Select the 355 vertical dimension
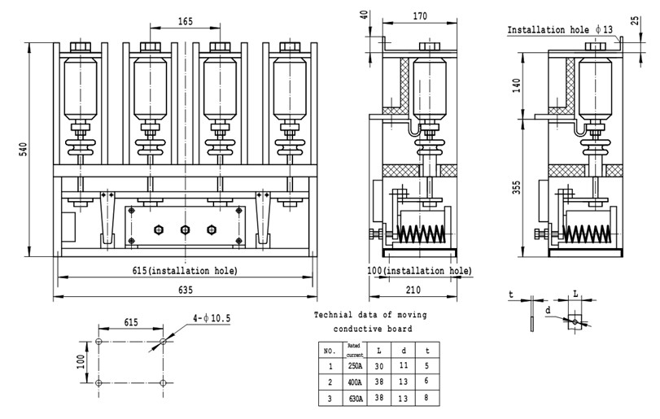pyautogui.click(x=518, y=189)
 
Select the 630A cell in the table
pyautogui.click(x=354, y=398)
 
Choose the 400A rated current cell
pyautogui.click(x=354, y=382)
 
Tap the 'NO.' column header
pyautogui.click(x=329, y=351)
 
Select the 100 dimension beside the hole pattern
pyautogui.click(x=81, y=361)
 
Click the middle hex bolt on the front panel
pyautogui.click(x=185, y=229)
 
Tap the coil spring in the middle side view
pyautogui.click(x=420, y=233)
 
